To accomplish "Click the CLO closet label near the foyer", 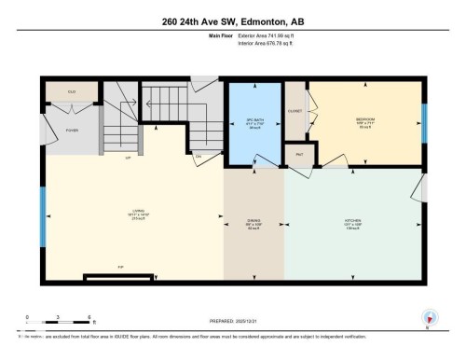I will (72, 92).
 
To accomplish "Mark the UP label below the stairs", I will (127, 159).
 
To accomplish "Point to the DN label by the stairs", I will (199, 155).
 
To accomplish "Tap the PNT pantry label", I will (300, 153).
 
